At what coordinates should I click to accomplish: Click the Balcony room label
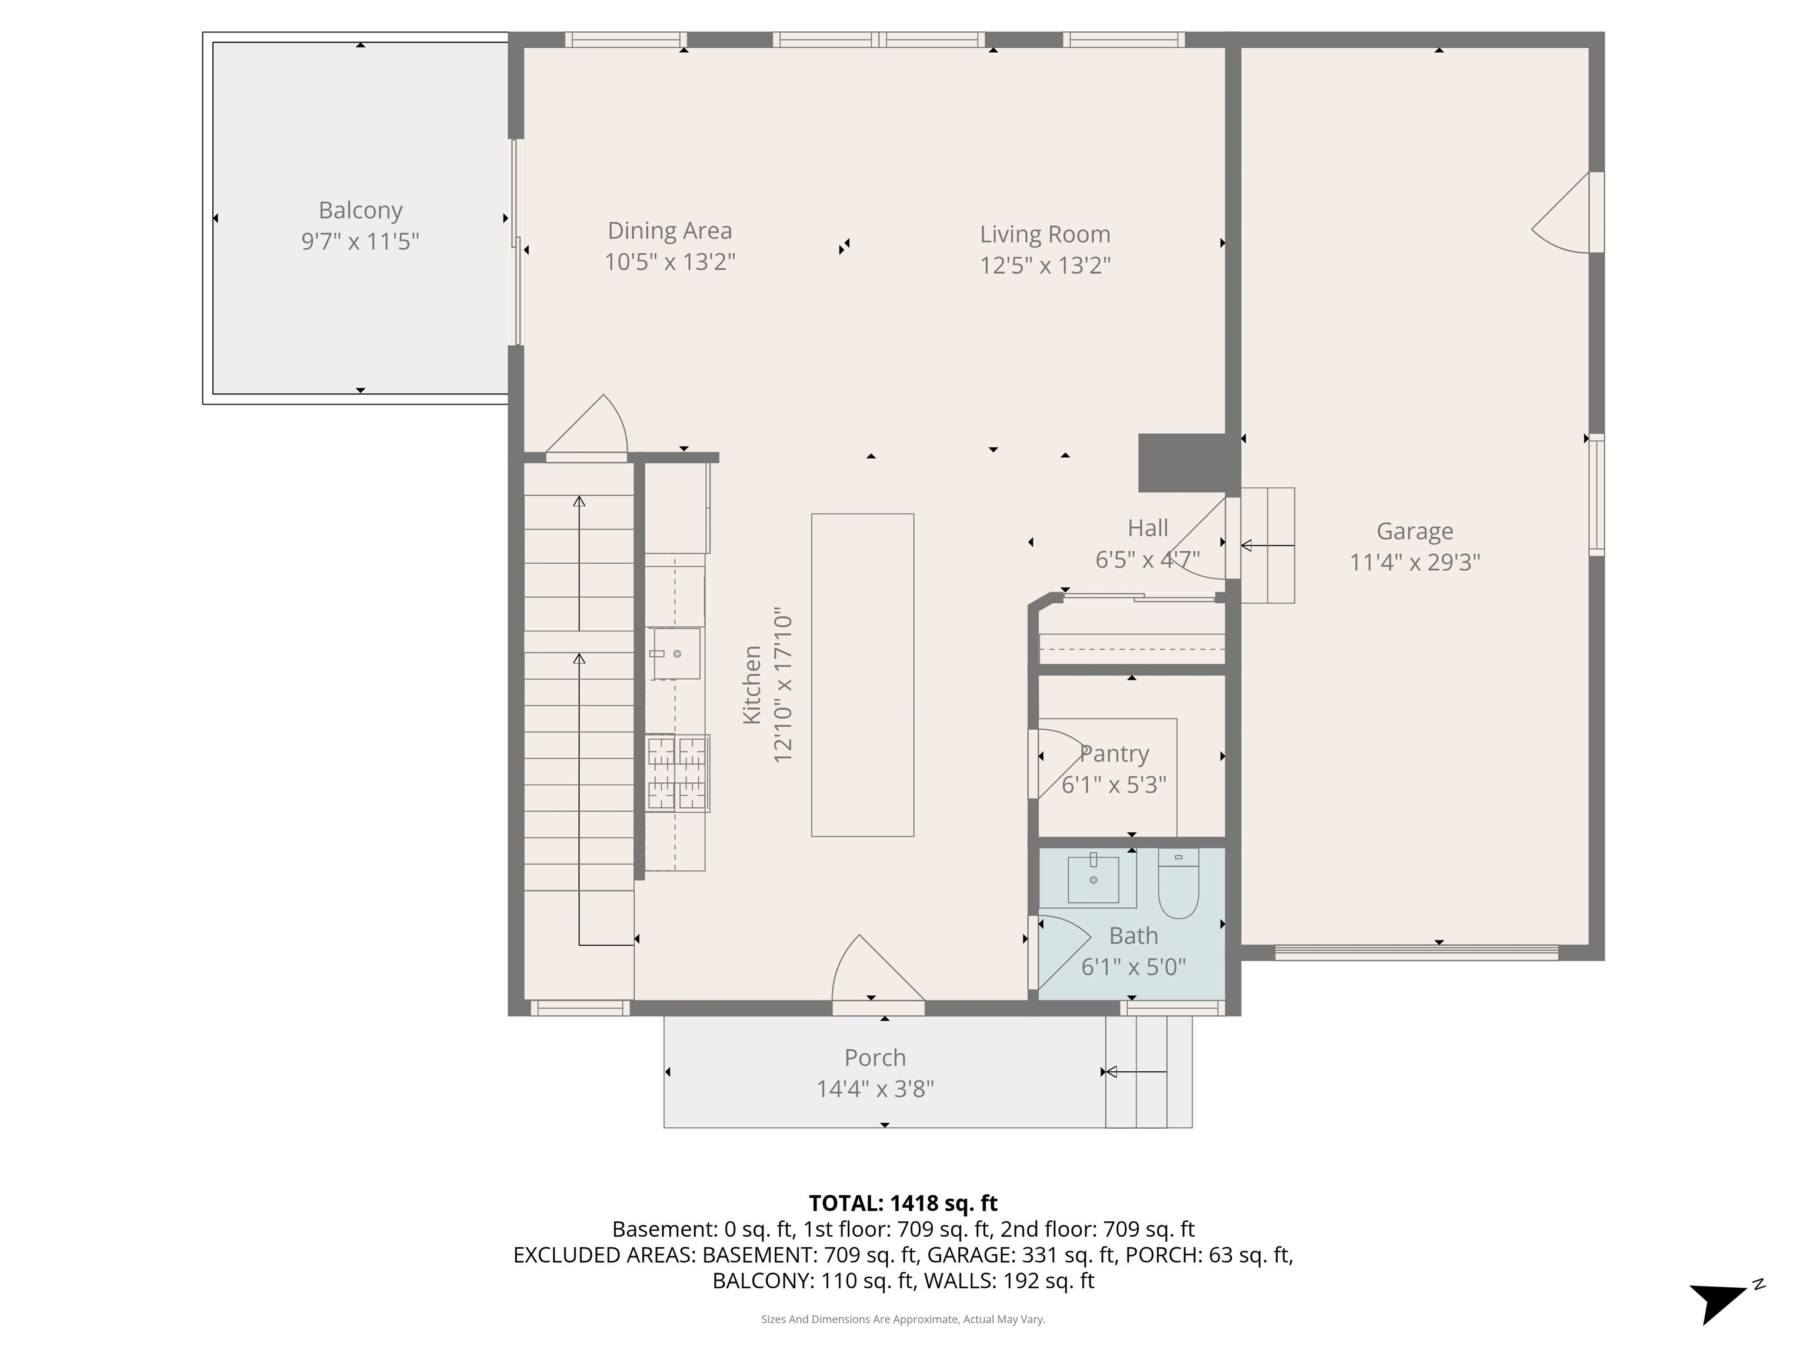pos(360,210)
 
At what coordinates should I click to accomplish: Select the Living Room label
pos(1045,235)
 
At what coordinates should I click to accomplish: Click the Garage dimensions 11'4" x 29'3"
pos(1414,562)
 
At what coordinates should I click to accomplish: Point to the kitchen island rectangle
pos(862,674)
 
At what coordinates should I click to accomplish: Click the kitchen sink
pos(676,653)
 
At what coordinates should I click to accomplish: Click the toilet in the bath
pos(1178,885)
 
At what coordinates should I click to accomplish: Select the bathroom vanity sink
pos(1092,879)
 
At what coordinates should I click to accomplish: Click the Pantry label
pos(1114,753)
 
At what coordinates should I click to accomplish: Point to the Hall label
pos(1148,528)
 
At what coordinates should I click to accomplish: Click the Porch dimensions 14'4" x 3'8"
pos(875,1089)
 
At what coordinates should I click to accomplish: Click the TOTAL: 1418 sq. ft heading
pos(903,1203)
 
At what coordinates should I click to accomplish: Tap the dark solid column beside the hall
pos(1182,463)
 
